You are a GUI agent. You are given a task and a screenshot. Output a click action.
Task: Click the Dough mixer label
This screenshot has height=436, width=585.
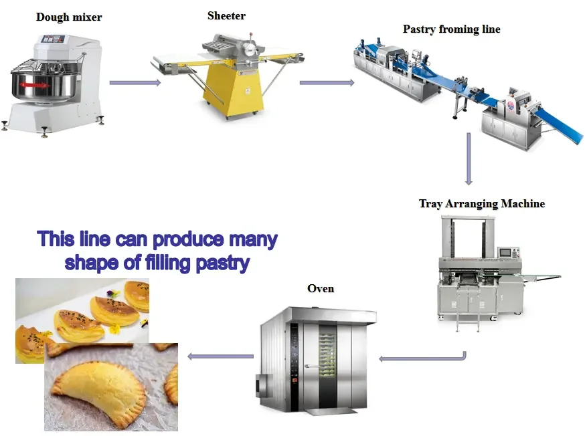coord(69,17)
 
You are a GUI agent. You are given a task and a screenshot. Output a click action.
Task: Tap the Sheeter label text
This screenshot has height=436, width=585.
coord(226,15)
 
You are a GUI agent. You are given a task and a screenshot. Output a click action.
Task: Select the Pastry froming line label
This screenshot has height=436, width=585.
coord(451,29)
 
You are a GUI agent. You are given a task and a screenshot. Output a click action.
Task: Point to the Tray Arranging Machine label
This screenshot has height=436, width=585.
coord(482,203)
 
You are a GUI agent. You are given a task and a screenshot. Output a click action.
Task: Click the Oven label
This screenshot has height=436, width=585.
coord(321,288)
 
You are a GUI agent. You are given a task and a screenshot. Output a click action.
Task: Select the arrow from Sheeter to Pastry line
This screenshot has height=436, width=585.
coord(327,83)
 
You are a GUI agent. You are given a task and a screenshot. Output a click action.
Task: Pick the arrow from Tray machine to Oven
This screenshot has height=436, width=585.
coord(422,358)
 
